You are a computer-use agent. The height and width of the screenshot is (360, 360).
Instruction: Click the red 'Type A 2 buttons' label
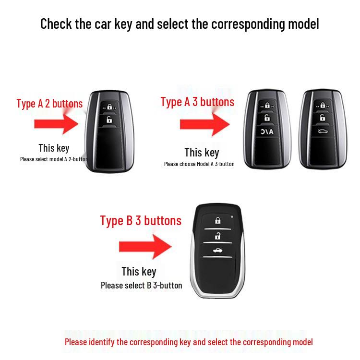pyautogui.click(x=49, y=103)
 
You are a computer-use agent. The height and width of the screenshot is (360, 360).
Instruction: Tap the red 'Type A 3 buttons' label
pyautogui.click(x=197, y=102)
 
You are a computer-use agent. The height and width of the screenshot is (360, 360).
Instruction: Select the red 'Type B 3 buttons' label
pyautogui.click(x=141, y=220)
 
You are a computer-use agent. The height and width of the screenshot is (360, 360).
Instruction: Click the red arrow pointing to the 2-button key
pyautogui.click(x=56, y=123)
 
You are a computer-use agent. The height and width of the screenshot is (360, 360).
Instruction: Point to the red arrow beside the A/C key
pyautogui.click(x=203, y=125)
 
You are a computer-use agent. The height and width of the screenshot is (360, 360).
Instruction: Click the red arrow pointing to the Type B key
pyautogui.click(x=144, y=247)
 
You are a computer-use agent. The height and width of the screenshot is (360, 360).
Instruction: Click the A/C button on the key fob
pyautogui.click(x=266, y=132)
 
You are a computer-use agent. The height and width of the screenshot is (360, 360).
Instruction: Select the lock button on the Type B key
pyautogui.click(x=218, y=221)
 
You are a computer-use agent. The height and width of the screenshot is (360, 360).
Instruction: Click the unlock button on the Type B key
pyautogui.click(x=218, y=236)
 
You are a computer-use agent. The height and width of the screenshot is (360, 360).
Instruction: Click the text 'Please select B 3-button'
pyautogui.click(x=141, y=286)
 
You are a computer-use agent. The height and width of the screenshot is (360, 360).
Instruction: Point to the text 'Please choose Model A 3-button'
pyautogui.click(x=199, y=164)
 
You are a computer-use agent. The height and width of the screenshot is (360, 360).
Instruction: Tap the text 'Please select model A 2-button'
pyautogui.click(x=54, y=159)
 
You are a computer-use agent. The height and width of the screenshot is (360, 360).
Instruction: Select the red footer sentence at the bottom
pyautogui.click(x=189, y=342)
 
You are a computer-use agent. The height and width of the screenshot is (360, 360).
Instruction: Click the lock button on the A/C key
pyautogui.click(x=266, y=105)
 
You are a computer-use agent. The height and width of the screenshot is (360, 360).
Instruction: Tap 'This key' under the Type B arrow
pyautogui.click(x=139, y=271)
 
